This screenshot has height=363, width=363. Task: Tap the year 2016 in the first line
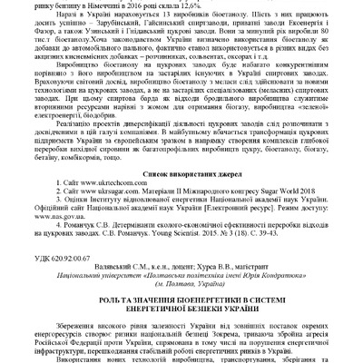point(113,4)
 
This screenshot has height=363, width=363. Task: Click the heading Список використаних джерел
point(181,172)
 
